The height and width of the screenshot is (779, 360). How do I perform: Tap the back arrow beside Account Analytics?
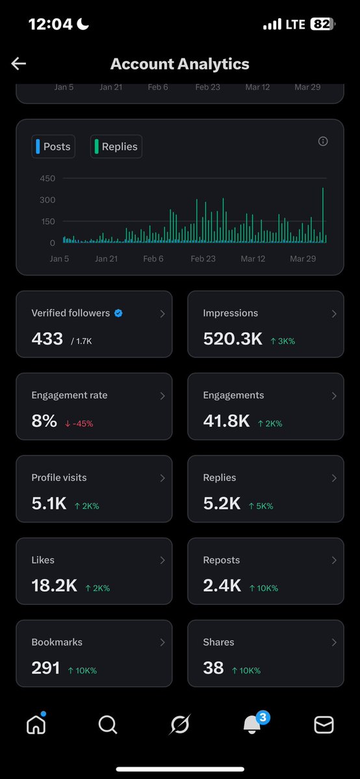tap(18, 63)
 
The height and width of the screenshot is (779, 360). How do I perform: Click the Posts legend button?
tap(53, 147)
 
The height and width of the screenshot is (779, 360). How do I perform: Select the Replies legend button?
tap(116, 147)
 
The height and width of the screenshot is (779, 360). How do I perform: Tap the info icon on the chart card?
tap(323, 142)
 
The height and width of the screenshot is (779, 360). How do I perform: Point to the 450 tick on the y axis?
tap(47, 179)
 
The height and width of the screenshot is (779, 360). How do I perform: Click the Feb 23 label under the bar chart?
tap(203, 259)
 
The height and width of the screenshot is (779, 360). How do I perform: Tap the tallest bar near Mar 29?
tap(323, 214)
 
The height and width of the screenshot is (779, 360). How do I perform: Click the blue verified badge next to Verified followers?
tap(118, 313)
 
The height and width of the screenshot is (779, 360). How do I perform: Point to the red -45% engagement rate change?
tap(79, 424)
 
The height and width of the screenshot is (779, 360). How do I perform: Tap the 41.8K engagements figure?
tap(226, 421)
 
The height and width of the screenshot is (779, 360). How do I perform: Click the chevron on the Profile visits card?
tap(162, 478)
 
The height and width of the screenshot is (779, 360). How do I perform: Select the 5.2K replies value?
tap(222, 504)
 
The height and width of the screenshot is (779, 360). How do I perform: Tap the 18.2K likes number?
tap(55, 585)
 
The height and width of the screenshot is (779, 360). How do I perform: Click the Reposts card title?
tap(222, 560)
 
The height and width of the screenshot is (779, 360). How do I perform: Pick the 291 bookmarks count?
tap(45, 668)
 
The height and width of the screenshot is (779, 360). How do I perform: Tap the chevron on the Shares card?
tap(334, 643)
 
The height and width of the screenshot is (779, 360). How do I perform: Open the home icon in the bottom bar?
tap(36, 724)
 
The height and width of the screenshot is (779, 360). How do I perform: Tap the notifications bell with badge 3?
tap(252, 724)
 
